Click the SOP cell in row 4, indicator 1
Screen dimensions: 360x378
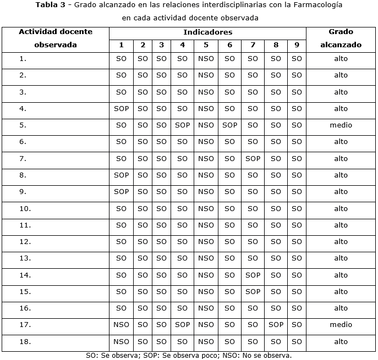(x=121, y=109)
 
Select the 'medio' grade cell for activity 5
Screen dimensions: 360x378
(x=341, y=125)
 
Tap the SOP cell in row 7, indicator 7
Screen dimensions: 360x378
(x=253, y=158)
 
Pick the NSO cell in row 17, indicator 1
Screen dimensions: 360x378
(x=121, y=325)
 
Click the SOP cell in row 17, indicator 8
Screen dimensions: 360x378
(x=276, y=325)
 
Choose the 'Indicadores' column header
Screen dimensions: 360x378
(x=207, y=32)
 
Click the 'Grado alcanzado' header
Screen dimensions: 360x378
(x=341, y=38)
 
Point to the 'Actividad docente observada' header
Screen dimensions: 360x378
(x=56, y=38)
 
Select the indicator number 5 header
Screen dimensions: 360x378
(x=206, y=45)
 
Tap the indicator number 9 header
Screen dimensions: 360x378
(x=297, y=45)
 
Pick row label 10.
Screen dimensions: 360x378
(x=25, y=208)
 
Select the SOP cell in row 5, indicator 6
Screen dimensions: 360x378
(x=229, y=125)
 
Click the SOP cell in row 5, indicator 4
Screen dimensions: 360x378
(x=182, y=125)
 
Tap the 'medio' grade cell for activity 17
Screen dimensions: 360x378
(x=341, y=325)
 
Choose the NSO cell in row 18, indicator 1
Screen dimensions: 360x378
(x=121, y=341)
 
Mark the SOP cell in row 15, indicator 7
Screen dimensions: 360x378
(x=253, y=291)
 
